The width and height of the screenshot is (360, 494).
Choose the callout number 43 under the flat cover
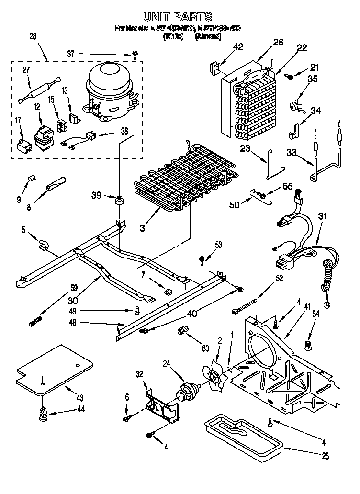[79, 398]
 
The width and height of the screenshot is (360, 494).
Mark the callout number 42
[238, 46]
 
